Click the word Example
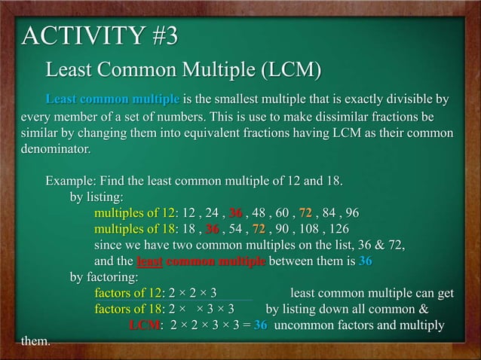[x=72, y=182]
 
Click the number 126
[x=338, y=230]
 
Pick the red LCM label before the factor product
[x=144, y=325]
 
